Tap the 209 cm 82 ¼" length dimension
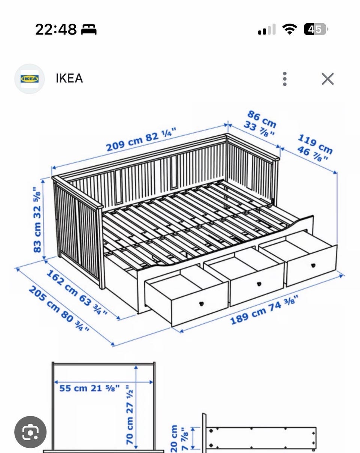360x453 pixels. click(141, 139)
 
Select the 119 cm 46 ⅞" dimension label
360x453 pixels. click(315, 148)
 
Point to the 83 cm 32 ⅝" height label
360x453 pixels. click(37, 220)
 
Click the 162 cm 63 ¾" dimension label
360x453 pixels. click(77, 292)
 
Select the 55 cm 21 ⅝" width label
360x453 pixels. click(90, 388)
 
